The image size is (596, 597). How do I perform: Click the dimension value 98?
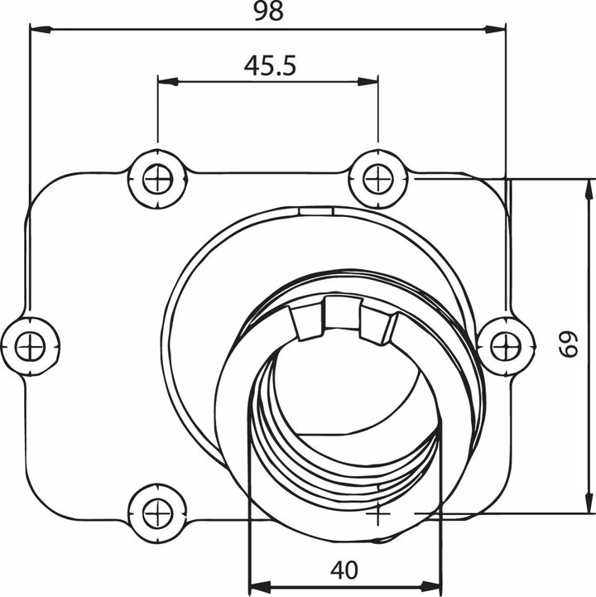(268, 12)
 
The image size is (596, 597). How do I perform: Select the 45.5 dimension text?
(270, 66)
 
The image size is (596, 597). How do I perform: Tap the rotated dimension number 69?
(569, 344)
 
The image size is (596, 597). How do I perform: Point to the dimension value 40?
(344, 570)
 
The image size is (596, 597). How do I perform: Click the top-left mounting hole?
(157, 179)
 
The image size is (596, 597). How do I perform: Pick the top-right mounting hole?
(378, 179)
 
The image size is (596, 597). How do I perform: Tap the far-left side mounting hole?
(30, 347)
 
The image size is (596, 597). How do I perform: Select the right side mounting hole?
(506, 347)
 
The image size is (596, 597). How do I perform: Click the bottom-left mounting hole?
(157, 514)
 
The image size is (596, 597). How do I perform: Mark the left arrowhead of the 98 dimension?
(40, 29)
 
